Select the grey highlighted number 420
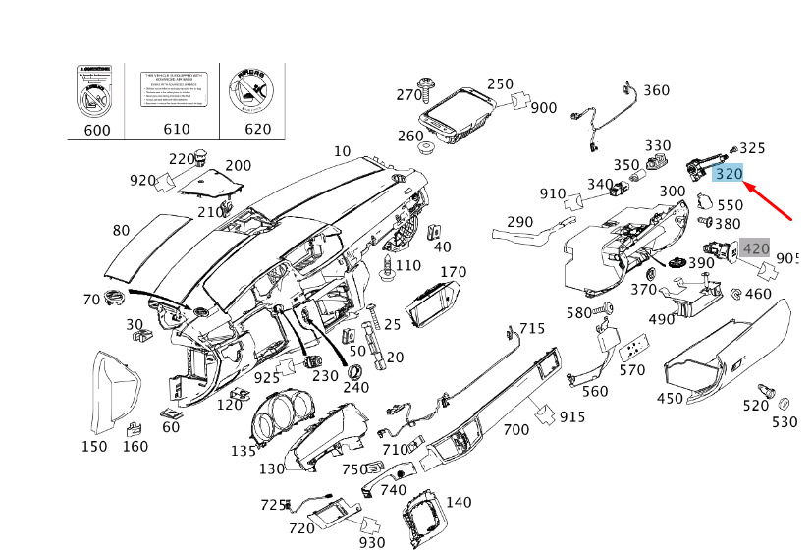[755, 248]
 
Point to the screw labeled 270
[429, 87]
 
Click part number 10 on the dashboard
[342, 151]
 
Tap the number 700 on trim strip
[516, 429]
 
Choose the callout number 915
[571, 417]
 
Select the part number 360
[656, 91]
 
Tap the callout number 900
[543, 108]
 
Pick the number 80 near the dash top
[121, 231]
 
